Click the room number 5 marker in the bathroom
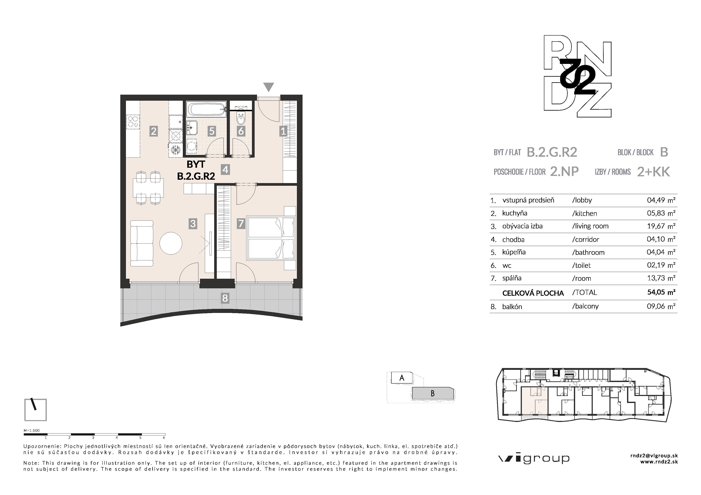click(212, 131)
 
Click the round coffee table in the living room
click(171, 243)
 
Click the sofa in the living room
click(142, 244)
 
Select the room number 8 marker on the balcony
click(225, 298)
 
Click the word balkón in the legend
click(512, 307)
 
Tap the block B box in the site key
click(433, 393)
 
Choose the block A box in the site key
click(402, 378)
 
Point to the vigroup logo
click(534, 459)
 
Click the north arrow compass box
click(35, 410)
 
